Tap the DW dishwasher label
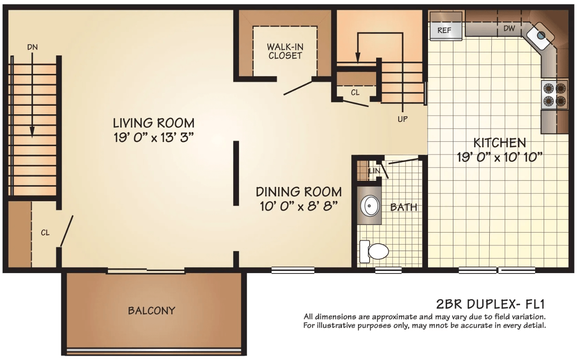[x=509, y=28]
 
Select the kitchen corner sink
[x=541, y=36]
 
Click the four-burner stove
[x=554, y=95]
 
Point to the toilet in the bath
[x=374, y=251]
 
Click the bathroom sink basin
[x=370, y=206]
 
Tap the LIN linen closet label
[x=375, y=171]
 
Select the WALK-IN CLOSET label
[x=285, y=51]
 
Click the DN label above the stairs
[x=33, y=47]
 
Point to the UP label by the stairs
[x=402, y=119]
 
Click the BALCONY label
[x=152, y=311]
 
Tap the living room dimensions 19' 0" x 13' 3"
[x=154, y=138]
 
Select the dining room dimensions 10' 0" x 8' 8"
[x=299, y=207]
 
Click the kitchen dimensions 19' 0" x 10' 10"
[x=499, y=157]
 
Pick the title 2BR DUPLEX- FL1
[x=490, y=304]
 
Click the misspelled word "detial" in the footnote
[x=534, y=325]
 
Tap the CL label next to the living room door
[x=45, y=233]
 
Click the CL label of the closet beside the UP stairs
[x=355, y=93]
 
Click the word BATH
[x=404, y=207]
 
